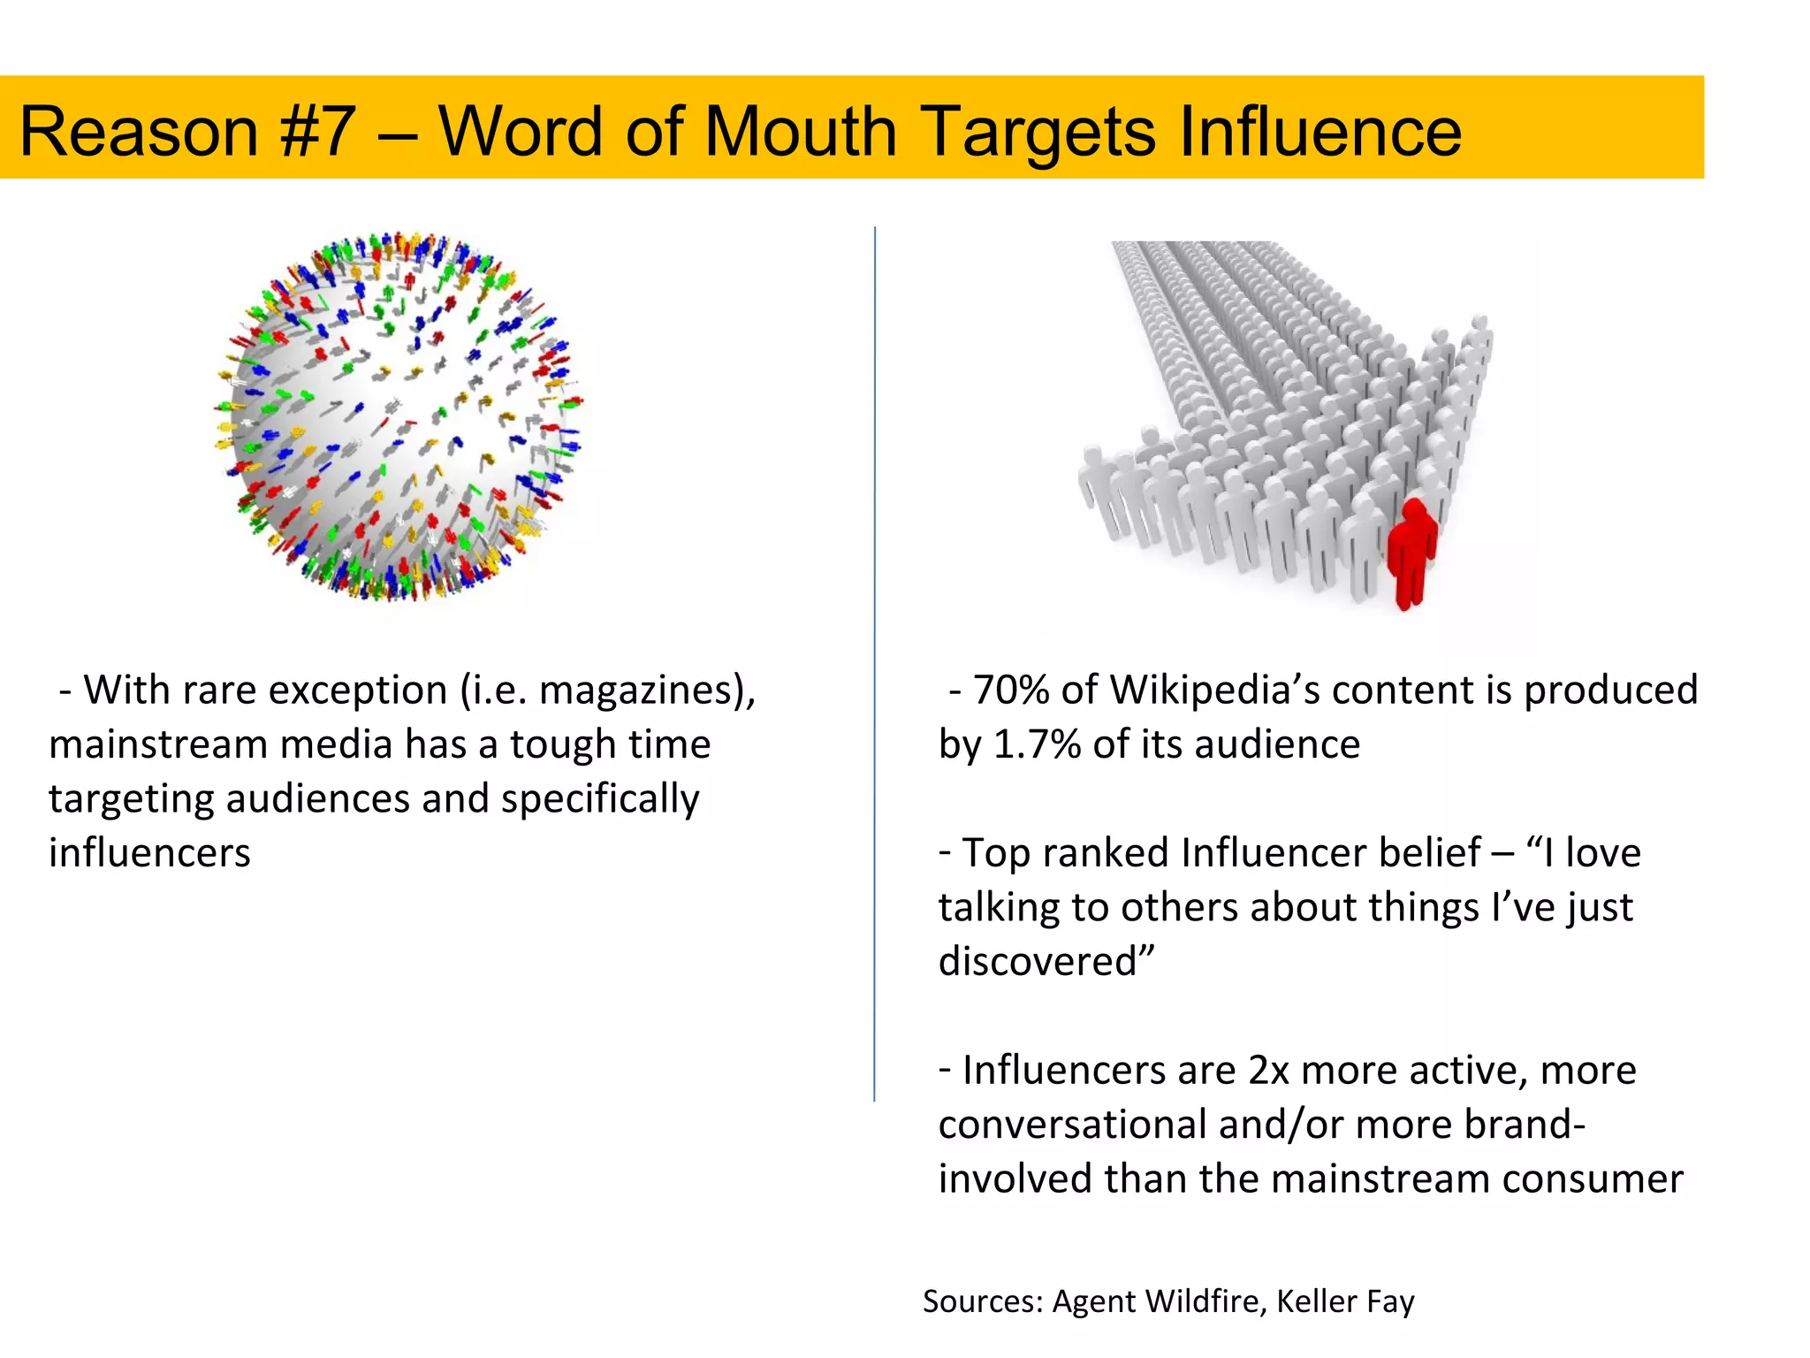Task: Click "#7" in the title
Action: coord(317,132)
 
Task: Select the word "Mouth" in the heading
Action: coord(801,132)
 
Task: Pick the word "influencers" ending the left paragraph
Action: coord(149,853)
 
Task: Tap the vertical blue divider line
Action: coord(875,663)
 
